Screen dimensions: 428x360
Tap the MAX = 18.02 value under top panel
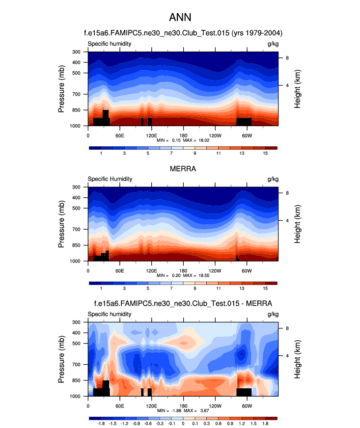[197, 140]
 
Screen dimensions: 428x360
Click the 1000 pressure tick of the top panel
[76, 126]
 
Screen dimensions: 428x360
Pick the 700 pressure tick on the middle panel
[76, 229]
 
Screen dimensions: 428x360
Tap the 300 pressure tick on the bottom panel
[76, 322]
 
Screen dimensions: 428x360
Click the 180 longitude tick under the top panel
[183, 135]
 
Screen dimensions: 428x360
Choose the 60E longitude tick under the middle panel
[119, 270]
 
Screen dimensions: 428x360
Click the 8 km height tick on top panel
[287, 58]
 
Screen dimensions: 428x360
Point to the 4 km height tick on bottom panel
[287, 355]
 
